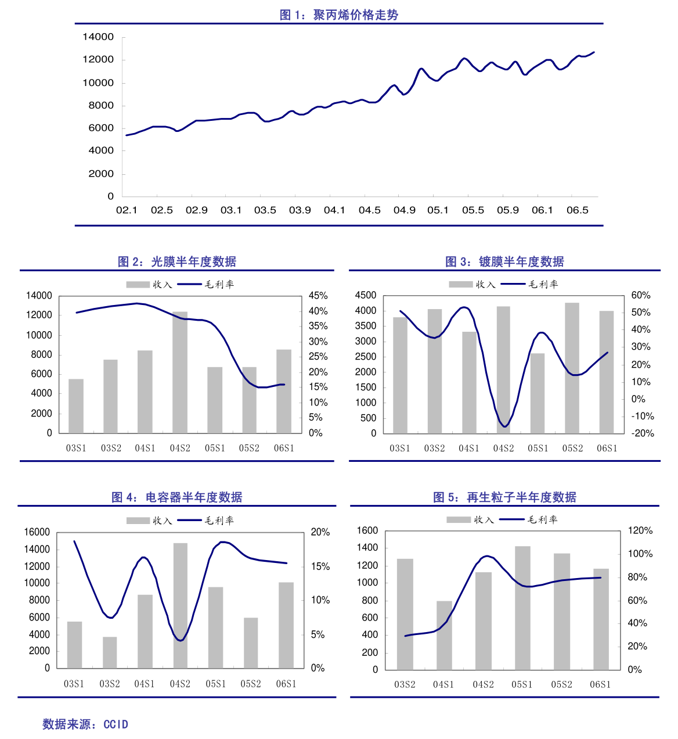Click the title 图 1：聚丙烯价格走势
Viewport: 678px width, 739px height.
tap(339, 15)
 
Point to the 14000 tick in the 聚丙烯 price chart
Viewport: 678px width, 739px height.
tap(98, 37)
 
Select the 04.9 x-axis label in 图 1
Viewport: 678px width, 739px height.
tap(404, 210)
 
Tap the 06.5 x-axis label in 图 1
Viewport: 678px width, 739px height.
tap(577, 210)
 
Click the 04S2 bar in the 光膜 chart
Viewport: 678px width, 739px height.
tap(180, 372)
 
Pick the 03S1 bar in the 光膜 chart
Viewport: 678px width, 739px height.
tap(76, 406)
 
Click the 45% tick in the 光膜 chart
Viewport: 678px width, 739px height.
tap(318, 296)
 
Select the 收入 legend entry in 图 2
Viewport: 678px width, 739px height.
tap(149, 285)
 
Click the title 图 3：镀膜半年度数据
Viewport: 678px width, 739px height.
tap(504, 262)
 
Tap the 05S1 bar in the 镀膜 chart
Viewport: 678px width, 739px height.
tap(538, 393)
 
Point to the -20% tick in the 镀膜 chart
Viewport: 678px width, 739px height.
tap(643, 433)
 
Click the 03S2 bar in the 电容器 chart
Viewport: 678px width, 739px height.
tap(110, 652)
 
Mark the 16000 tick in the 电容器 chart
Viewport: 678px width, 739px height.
tap(37, 532)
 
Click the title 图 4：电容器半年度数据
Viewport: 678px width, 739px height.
tap(177, 497)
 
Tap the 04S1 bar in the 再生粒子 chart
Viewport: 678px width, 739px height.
tap(444, 635)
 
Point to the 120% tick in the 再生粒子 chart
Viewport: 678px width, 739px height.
tap(640, 530)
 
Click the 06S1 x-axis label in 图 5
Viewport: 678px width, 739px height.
tap(600, 684)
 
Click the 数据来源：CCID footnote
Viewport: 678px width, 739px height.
tap(85, 724)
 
